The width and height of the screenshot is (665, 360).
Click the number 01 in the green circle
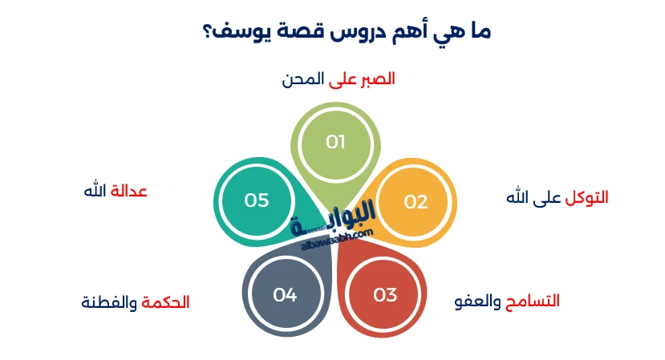[335, 142]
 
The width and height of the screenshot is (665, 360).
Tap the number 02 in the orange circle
[416, 201]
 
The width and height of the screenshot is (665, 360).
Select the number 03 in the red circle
[385, 295]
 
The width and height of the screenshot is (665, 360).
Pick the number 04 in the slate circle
[285, 295]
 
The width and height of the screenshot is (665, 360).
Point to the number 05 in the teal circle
[257, 200]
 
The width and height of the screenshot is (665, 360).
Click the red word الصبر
[374, 79]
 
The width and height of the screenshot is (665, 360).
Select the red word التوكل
[586, 197]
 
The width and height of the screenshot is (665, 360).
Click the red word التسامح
[531, 301]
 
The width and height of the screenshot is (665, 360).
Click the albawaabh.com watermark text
[337, 238]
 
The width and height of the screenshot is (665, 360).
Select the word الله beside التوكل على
[520, 197]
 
